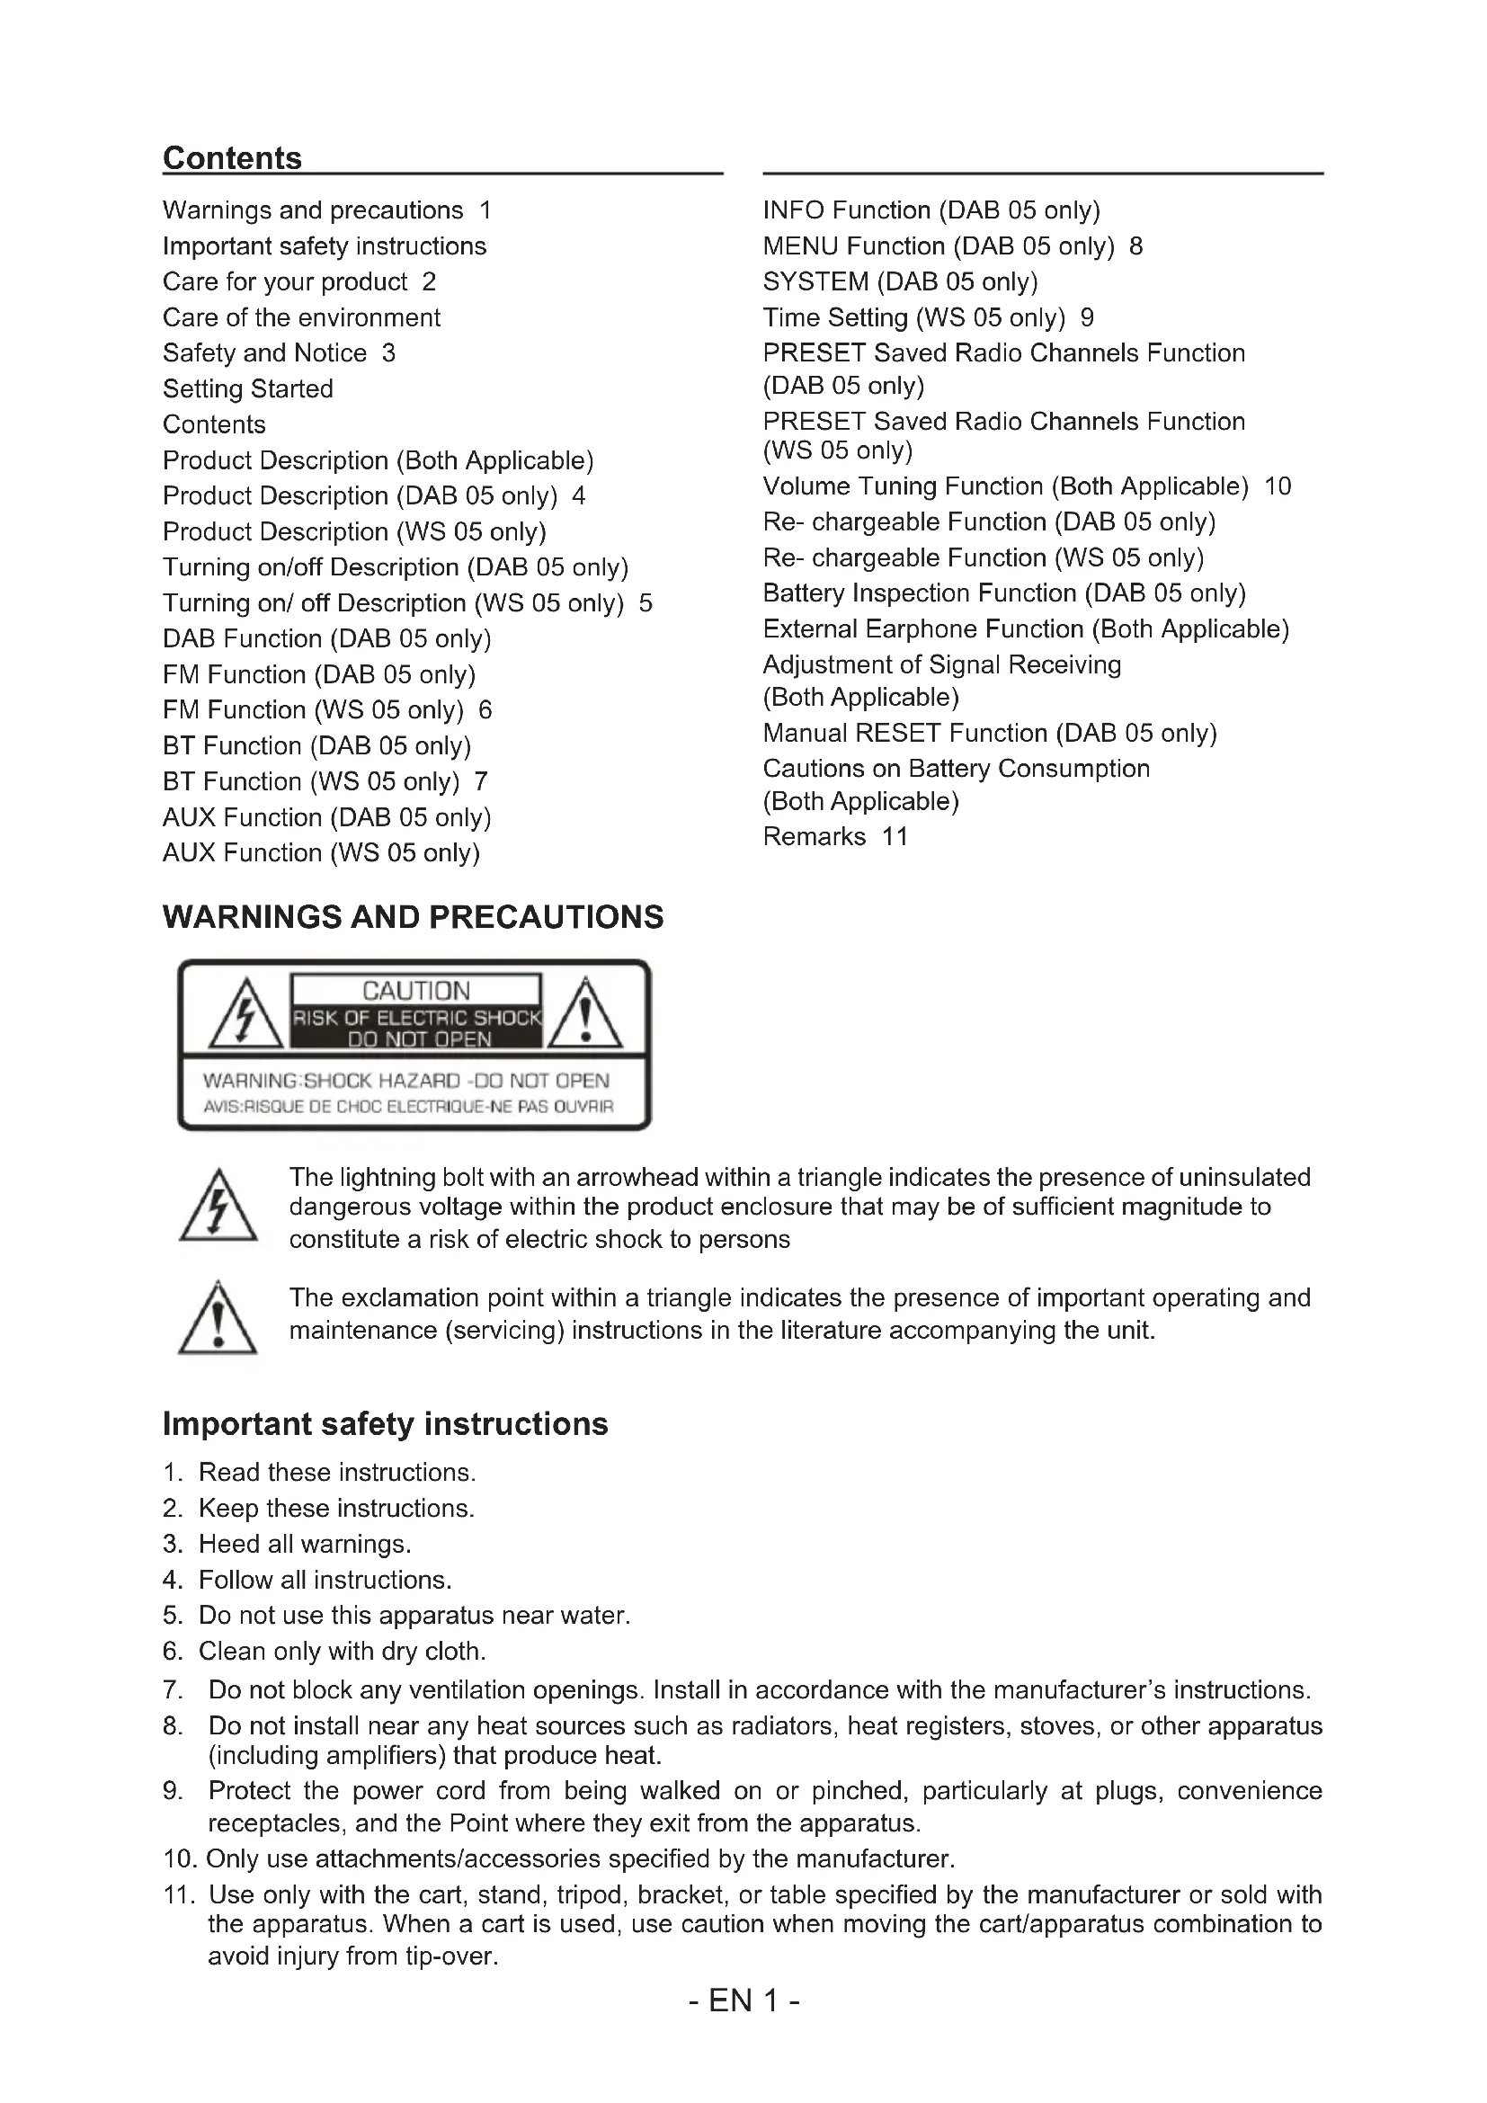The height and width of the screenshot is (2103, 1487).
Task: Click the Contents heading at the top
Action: (x=232, y=158)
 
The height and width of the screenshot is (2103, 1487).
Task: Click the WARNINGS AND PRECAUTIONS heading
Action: (x=413, y=917)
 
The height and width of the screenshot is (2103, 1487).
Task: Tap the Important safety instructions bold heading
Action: (x=385, y=1423)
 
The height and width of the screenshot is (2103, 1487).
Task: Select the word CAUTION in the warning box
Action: (x=415, y=990)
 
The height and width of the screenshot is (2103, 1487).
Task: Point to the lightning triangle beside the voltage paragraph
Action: (x=218, y=1208)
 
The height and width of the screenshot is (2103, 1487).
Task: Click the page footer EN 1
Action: (x=743, y=2001)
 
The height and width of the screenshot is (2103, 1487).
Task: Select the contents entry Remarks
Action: (x=814, y=836)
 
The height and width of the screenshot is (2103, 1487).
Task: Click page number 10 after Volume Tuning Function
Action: (x=1278, y=486)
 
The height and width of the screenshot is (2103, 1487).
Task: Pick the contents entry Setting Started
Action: (x=247, y=388)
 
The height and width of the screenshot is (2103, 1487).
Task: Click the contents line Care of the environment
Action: (x=301, y=316)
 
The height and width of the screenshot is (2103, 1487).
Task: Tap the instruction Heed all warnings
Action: (x=304, y=1544)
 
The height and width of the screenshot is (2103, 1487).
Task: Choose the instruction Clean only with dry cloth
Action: (x=342, y=1651)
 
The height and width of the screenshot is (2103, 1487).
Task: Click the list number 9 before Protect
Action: (x=172, y=1791)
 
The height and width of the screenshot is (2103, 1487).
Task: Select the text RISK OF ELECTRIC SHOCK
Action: (x=416, y=1018)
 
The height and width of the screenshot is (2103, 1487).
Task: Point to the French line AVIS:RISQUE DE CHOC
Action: (x=407, y=1107)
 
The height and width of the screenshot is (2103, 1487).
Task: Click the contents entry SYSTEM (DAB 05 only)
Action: (x=900, y=281)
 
